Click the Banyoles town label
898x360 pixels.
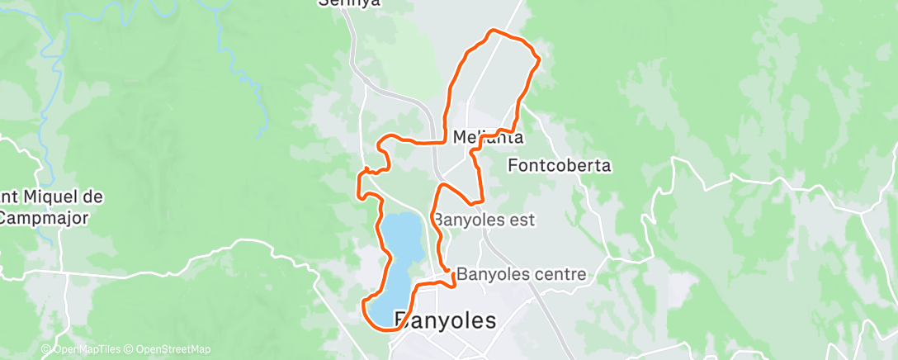446,320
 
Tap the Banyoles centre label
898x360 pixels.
521,273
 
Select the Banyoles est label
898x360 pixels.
484,220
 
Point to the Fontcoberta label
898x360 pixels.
559,165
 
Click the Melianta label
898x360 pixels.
488,137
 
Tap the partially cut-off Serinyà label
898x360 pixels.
350,3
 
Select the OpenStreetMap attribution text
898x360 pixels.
173,349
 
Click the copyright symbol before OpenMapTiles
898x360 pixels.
45,349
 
